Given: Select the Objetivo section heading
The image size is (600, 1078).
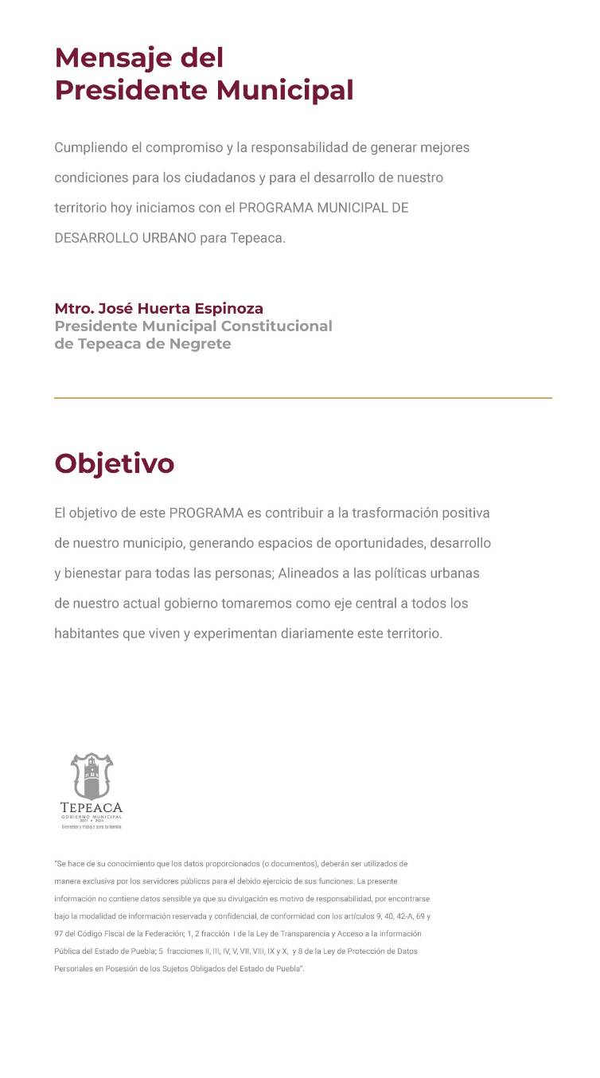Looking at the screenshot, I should pos(114,463).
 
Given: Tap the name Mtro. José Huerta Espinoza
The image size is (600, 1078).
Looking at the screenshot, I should pos(158,308).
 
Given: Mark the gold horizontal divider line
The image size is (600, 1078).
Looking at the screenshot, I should pos(302,397).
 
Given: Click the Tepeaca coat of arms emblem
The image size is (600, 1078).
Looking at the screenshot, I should pos(92,775).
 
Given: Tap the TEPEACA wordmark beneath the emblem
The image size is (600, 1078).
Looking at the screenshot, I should pos(92,807).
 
